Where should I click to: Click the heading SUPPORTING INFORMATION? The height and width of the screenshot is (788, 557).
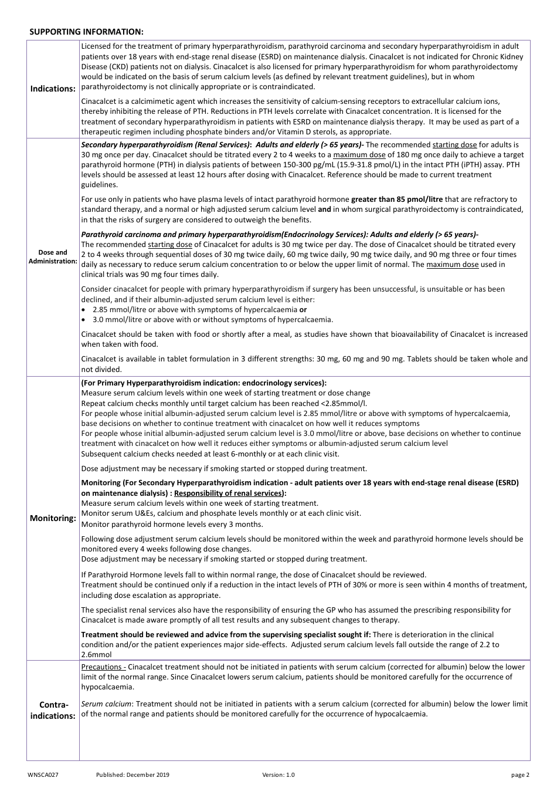pyautogui.click(x=86, y=32)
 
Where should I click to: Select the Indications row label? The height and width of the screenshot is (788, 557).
pyautogui.click(x=53, y=89)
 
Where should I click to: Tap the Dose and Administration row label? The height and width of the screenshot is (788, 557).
pyautogui.click(x=53, y=256)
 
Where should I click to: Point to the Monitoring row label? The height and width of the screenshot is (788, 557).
pyautogui.click(x=53, y=518)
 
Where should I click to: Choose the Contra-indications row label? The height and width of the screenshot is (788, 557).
pyautogui.click(x=53, y=710)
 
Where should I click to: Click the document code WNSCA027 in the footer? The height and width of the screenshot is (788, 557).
pyautogui.click(x=43, y=775)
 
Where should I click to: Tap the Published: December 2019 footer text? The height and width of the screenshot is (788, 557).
pyautogui.click(x=133, y=775)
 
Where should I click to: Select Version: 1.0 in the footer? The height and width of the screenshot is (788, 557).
pyautogui.click(x=278, y=775)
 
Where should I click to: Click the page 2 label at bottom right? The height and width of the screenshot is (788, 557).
pyautogui.click(x=520, y=775)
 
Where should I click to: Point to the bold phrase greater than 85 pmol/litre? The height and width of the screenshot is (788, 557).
pyautogui.click(x=397, y=199)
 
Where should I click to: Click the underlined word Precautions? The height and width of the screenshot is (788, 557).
pyautogui.click(x=103, y=667)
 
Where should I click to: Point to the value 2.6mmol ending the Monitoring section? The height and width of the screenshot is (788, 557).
pyautogui.click(x=96, y=655)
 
